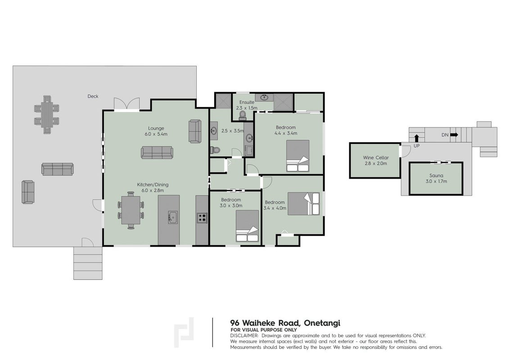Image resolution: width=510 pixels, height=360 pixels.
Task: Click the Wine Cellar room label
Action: click(376, 157)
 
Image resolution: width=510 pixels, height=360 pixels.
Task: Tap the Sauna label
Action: click(436, 175)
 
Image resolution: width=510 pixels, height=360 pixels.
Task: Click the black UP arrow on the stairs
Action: click(417, 138)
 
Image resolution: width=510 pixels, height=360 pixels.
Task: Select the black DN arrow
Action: click(454, 135)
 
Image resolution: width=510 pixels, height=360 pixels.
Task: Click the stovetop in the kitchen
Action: click(202, 217)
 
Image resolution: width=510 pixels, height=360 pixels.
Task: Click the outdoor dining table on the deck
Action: click(47, 114)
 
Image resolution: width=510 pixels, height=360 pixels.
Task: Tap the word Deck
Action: click(93, 96)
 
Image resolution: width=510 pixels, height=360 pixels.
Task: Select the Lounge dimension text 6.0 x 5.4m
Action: click(156, 134)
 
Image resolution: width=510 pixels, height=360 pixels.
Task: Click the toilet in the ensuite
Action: click(242, 115)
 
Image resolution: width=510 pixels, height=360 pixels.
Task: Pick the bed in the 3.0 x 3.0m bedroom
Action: click(248, 226)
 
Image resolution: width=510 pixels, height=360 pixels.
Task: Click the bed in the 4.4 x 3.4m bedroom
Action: click(298, 156)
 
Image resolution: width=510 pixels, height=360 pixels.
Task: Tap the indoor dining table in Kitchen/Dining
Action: click(131, 211)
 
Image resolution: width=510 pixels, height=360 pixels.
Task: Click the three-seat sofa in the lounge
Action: click(157, 152)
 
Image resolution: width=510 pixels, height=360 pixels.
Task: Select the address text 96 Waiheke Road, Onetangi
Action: click(285, 323)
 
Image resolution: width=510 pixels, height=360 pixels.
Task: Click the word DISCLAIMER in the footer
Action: click(244, 336)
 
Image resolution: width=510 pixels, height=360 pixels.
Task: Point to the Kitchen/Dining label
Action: click(153, 184)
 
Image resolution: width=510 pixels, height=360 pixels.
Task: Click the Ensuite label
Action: click(247, 102)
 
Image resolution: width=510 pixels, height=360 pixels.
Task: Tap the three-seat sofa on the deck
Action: click(58, 169)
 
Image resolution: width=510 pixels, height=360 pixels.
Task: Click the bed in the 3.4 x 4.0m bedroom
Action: click(304, 203)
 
